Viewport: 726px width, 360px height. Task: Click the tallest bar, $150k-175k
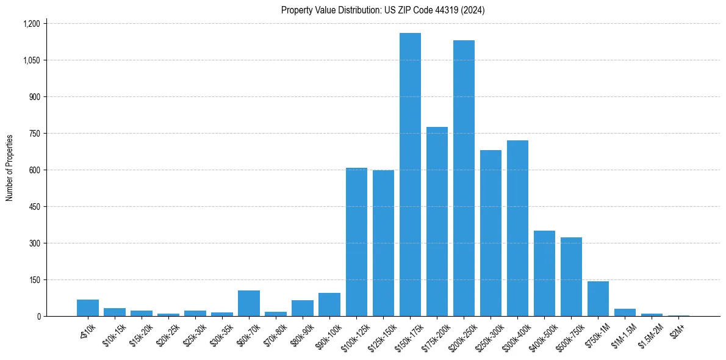[x=410, y=177]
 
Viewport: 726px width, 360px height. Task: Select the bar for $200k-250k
[x=464, y=180]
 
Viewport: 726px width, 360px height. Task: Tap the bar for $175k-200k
[x=437, y=223]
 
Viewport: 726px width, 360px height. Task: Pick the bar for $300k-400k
[x=517, y=229]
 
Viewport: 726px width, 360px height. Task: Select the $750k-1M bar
[x=598, y=299]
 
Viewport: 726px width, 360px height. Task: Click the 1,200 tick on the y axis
[x=31, y=24]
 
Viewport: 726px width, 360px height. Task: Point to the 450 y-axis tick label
[x=34, y=207]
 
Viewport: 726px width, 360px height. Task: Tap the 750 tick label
[x=34, y=134]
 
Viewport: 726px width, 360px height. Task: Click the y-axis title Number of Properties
[x=10, y=168]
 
